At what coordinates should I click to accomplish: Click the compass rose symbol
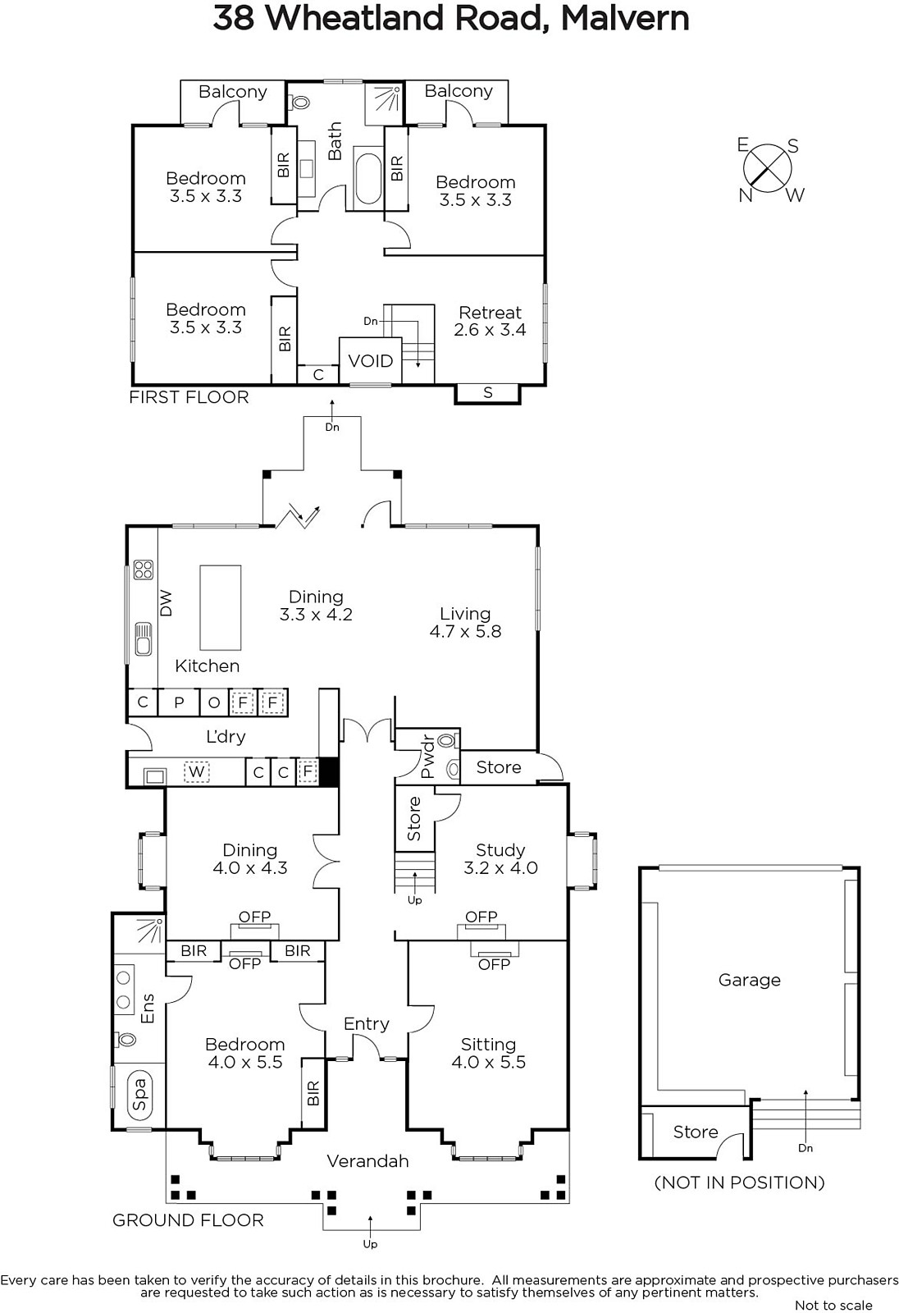pyautogui.click(x=767, y=170)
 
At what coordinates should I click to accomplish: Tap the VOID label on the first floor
pyautogui.click(x=371, y=360)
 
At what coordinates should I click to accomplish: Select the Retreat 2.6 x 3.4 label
pyautogui.click(x=490, y=321)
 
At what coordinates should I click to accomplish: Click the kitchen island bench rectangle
pyautogui.click(x=221, y=608)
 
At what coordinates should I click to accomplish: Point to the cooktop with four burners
pyautogui.click(x=143, y=570)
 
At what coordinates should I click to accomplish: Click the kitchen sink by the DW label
pyautogui.click(x=143, y=639)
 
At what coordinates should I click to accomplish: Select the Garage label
pyautogui.click(x=750, y=980)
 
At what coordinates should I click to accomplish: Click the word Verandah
pyautogui.click(x=367, y=1161)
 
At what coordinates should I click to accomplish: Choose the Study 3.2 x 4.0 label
pyautogui.click(x=500, y=858)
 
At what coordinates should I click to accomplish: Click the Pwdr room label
pyautogui.click(x=428, y=757)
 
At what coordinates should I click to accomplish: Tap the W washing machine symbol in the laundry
pyautogui.click(x=196, y=771)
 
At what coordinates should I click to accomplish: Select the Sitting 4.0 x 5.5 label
pyautogui.click(x=488, y=1053)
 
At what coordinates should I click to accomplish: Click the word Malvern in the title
pyautogui.click(x=625, y=18)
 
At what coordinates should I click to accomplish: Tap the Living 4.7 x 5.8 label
pyautogui.click(x=465, y=623)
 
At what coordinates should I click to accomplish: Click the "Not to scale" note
pyautogui.click(x=833, y=1305)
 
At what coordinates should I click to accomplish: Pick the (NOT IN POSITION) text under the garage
pyautogui.click(x=739, y=1183)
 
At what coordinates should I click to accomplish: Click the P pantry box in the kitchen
pyautogui.click(x=179, y=702)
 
